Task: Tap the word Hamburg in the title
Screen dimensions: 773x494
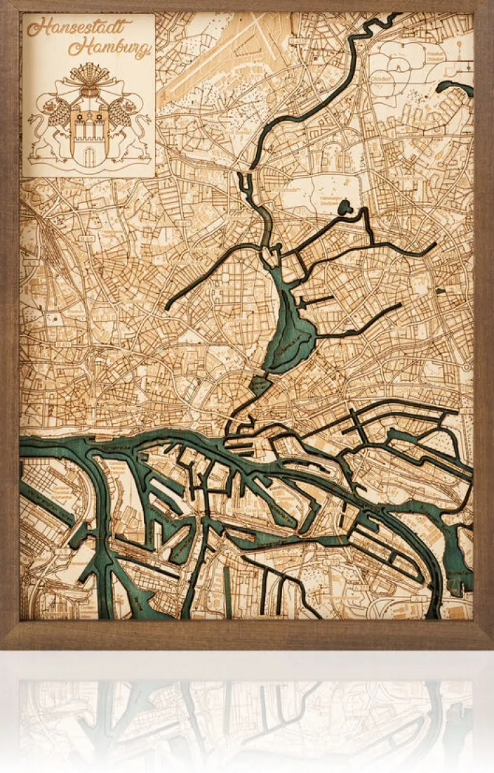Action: pyautogui.click(x=110, y=48)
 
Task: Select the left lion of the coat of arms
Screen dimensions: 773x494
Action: pyautogui.click(x=48, y=126)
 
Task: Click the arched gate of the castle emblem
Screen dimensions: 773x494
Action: pyautogui.click(x=88, y=157)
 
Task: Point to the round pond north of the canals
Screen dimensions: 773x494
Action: pyautogui.click(x=345, y=207)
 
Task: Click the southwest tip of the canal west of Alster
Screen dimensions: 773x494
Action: pyautogui.click(x=168, y=307)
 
